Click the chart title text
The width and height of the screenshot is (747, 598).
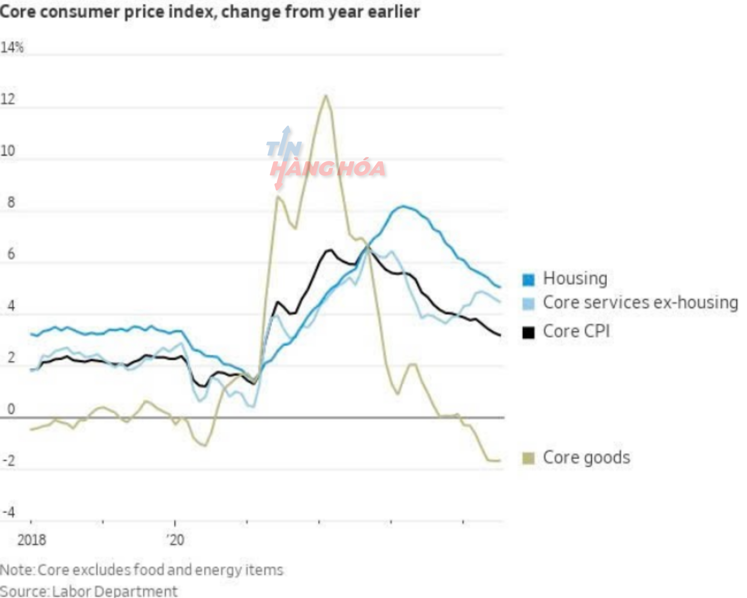(x=210, y=12)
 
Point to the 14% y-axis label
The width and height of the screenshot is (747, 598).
(x=12, y=48)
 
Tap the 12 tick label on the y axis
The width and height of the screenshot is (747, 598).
(x=8, y=99)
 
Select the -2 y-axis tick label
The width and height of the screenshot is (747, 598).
(x=9, y=461)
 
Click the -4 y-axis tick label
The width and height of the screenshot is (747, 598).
(x=9, y=512)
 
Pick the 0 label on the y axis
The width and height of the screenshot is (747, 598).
(x=11, y=409)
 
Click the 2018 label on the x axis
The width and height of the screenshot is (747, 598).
(x=32, y=540)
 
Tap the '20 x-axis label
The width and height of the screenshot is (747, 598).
(x=175, y=540)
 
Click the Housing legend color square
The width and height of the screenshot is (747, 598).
(x=528, y=280)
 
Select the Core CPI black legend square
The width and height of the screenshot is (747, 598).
(x=528, y=332)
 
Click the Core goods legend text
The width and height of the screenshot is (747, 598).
(x=586, y=457)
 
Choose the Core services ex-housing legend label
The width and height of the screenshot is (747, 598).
(x=640, y=303)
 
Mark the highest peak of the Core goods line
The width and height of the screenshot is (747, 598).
(x=326, y=96)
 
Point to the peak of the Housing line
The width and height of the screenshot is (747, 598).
(x=403, y=206)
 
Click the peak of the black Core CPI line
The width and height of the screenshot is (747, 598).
(x=330, y=250)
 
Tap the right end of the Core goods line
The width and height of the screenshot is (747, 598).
(x=499, y=460)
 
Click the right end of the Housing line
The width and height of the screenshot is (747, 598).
(x=500, y=287)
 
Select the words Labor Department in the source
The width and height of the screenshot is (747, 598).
(x=114, y=591)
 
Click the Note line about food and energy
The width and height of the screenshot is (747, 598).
(x=141, y=570)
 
